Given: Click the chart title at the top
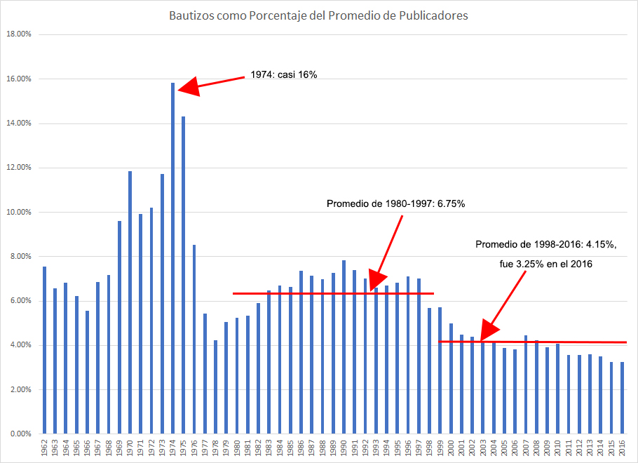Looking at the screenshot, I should [318, 15].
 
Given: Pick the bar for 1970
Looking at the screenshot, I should [130, 302].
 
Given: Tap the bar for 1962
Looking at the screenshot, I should [44, 350].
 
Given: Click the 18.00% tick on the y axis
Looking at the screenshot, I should [18, 34].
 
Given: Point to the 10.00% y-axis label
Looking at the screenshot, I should [18, 212].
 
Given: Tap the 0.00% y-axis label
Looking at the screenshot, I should [20, 434].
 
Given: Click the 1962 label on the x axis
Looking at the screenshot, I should [44, 448].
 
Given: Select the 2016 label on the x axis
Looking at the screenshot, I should [621, 448].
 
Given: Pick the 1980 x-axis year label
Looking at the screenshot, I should [236, 448].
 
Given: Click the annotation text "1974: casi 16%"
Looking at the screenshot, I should [284, 74].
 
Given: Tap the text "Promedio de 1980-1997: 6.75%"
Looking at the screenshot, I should [396, 203].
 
